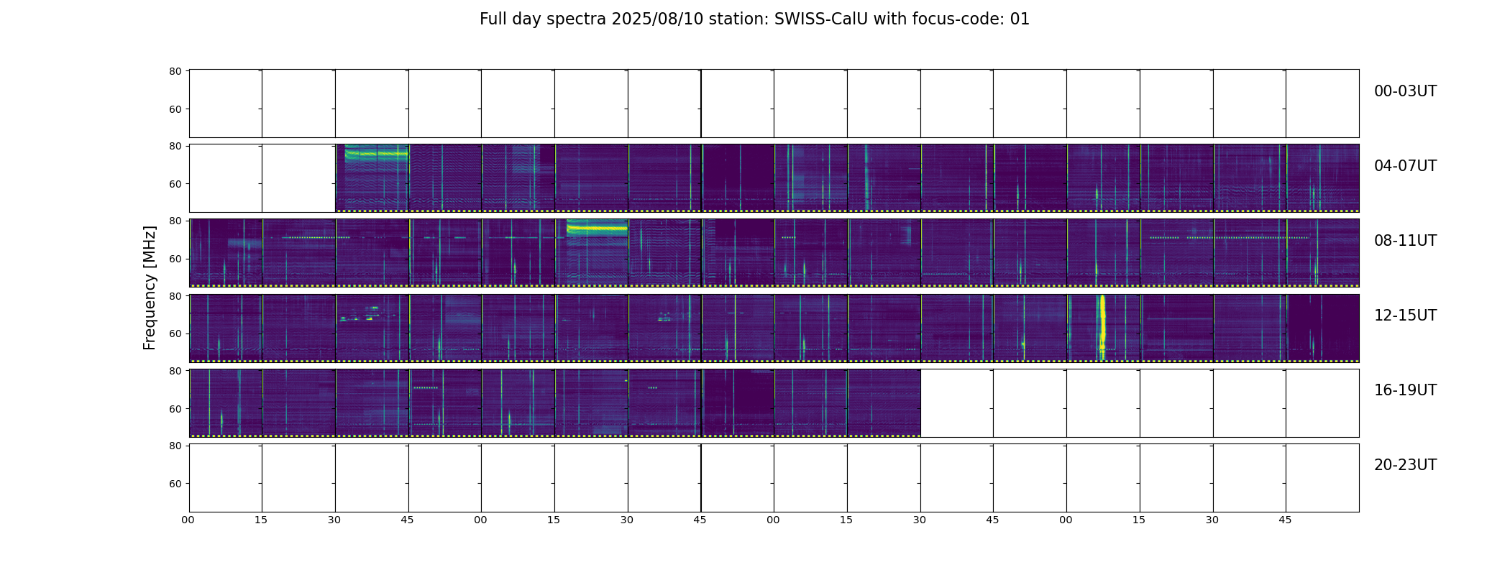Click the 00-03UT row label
coord(1405,91)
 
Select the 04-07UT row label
coord(1405,166)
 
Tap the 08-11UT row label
coord(1405,241)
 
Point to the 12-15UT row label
coord(1405,316)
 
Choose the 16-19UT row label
coord(1405,390)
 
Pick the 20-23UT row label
coord(1405,465)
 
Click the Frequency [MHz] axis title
coord(150,287)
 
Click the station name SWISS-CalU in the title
coord(821,19)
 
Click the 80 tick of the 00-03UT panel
coord(175,71)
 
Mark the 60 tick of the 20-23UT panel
coord(175,484)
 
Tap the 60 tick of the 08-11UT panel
coord(175,259)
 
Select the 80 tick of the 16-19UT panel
coord(175,371)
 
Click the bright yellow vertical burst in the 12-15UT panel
coord(1102,327)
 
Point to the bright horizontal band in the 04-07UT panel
coord(376,153)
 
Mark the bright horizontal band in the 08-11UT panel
coord(597,228)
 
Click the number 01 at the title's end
coord(1020,19)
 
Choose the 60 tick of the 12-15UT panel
coord(175,333)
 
